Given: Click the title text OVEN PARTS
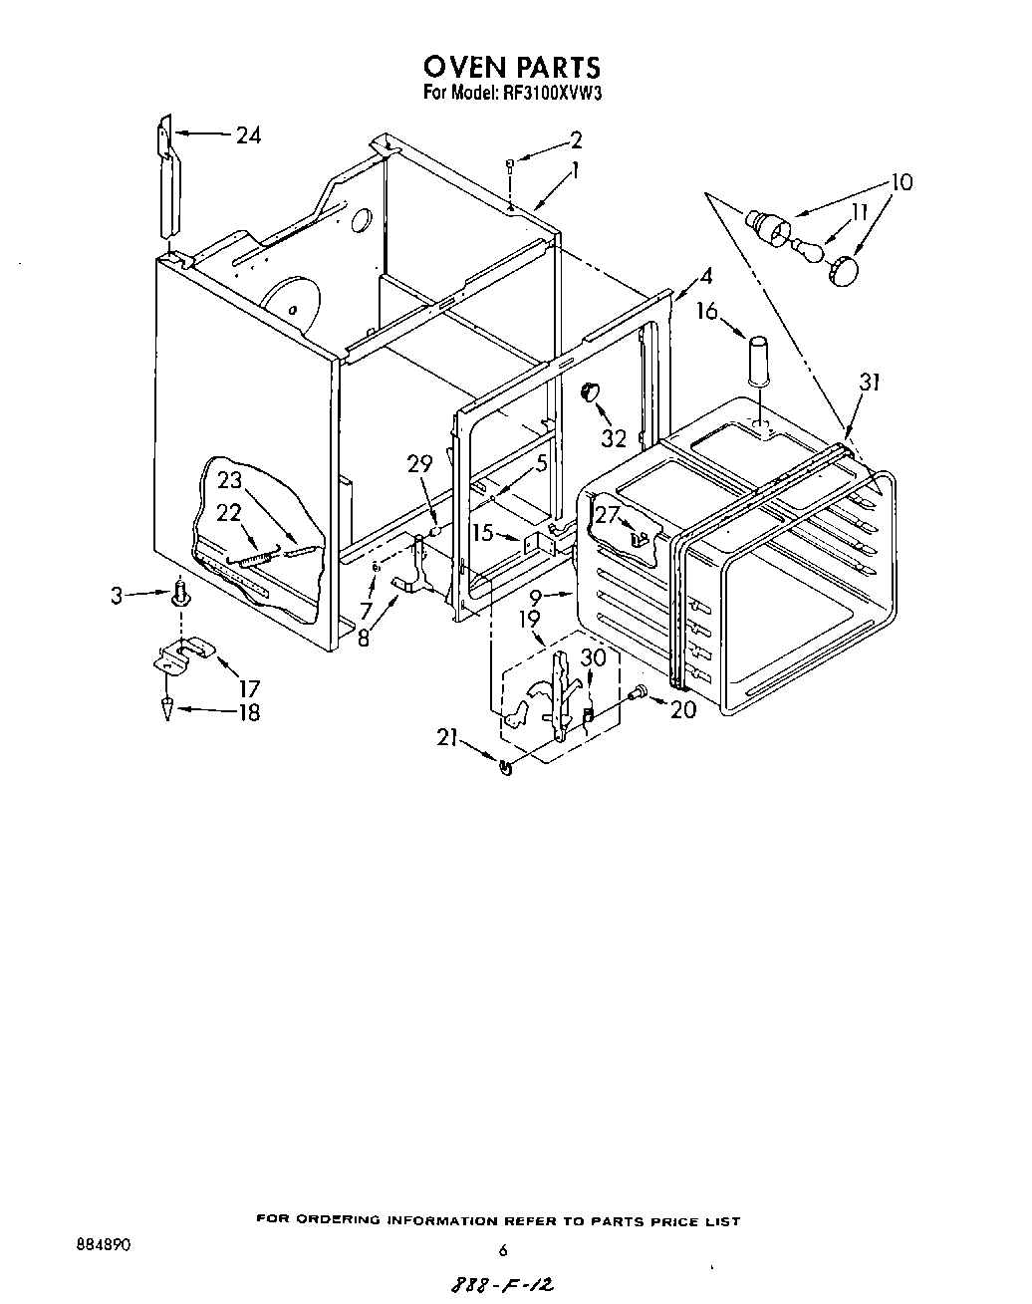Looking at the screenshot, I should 512,67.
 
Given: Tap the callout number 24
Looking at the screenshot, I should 248,135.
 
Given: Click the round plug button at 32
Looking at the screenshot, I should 589,390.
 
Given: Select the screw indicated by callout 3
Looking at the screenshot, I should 180,596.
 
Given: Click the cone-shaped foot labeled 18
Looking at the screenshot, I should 167,708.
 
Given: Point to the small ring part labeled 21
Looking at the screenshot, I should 505,766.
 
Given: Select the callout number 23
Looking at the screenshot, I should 230,479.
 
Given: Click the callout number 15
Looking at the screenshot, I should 483,534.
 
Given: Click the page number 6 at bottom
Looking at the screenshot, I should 503,1250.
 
